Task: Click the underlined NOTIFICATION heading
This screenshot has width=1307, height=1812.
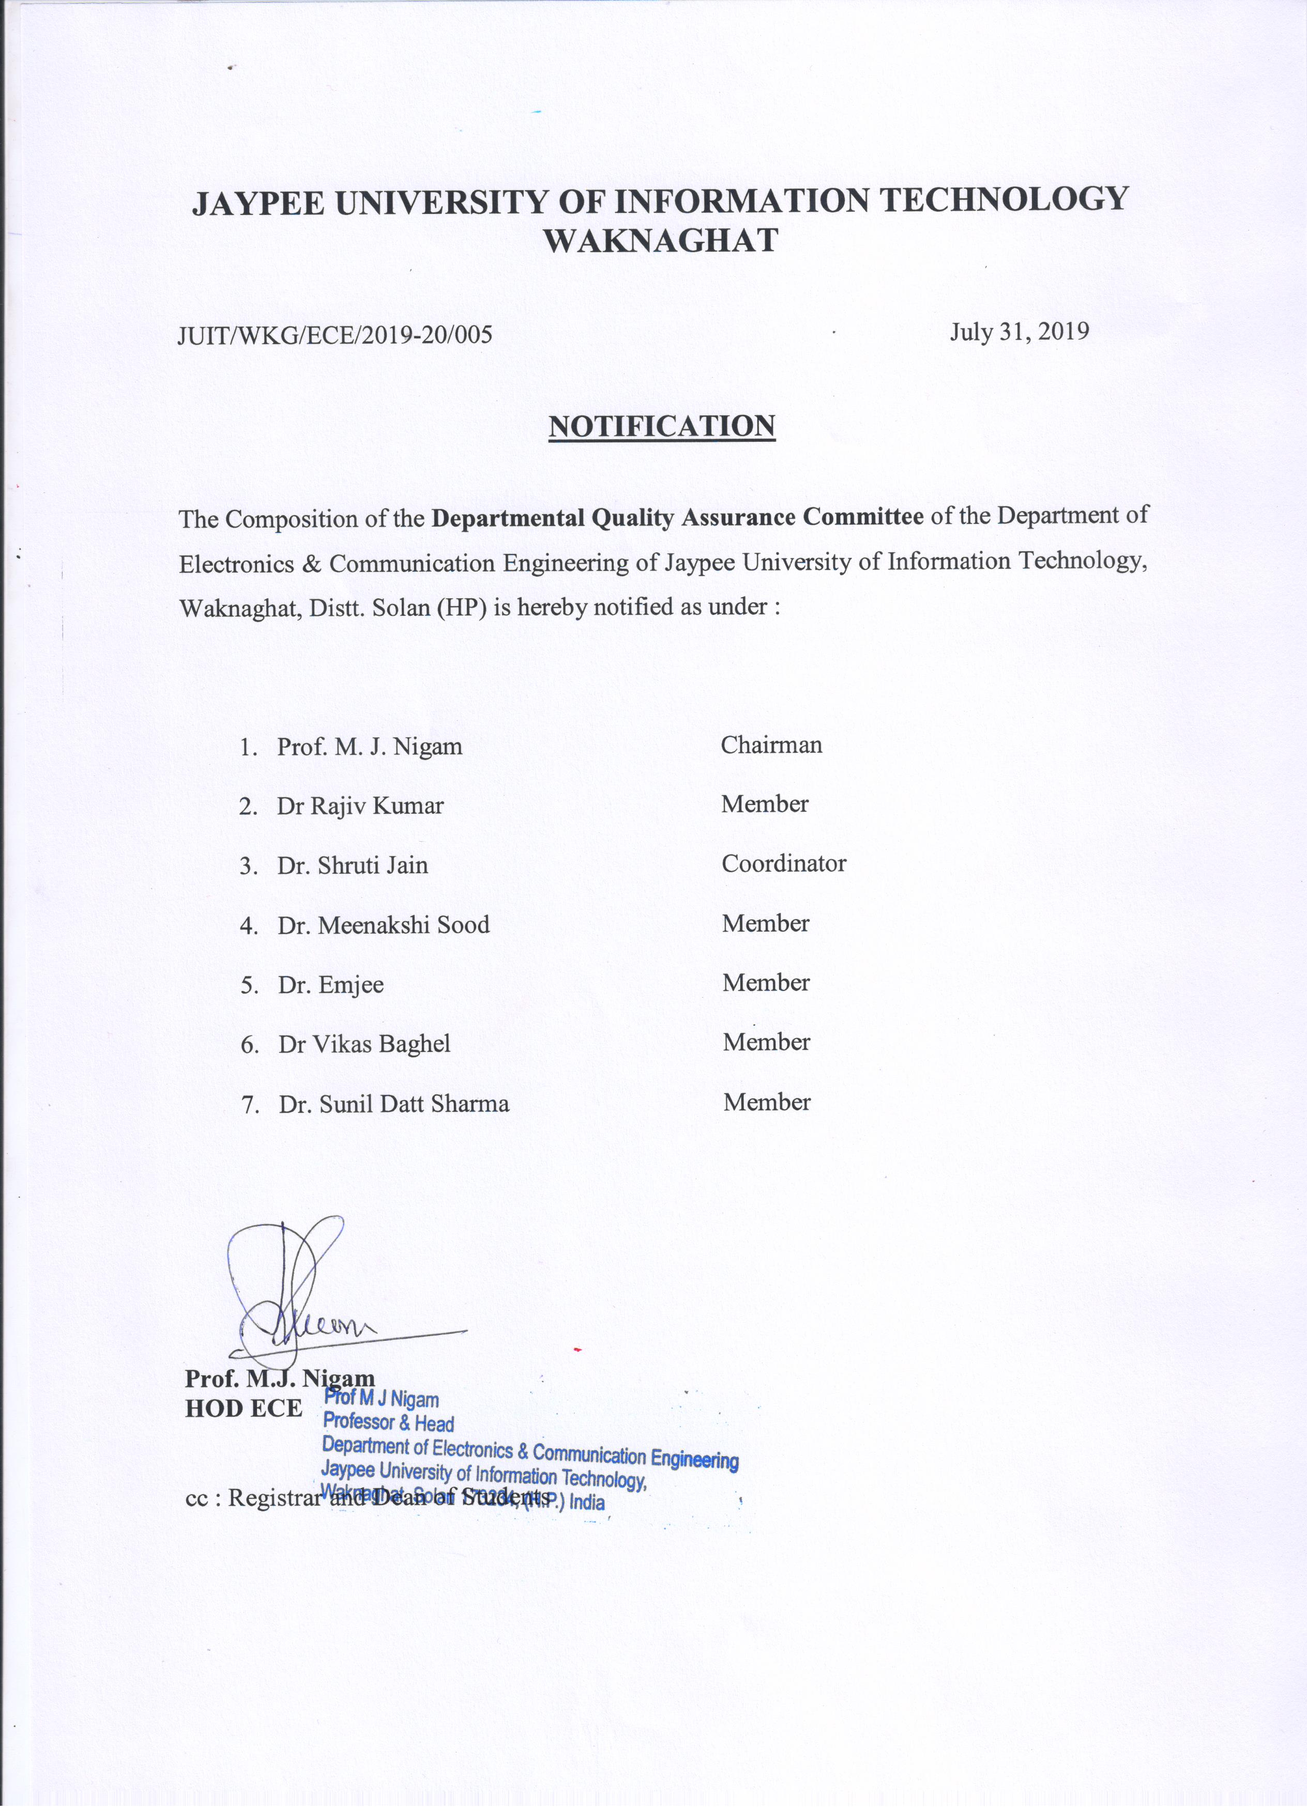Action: tap(661, 426)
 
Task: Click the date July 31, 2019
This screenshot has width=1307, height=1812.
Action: tap(1019, 331)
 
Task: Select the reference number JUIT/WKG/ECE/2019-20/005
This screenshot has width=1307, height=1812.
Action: tap(334, 334)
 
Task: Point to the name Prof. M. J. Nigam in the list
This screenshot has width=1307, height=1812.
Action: tap(369, 747)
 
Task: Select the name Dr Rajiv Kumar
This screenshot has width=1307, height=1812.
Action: tap(360, 806)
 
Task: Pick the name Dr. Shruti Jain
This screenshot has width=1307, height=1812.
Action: tap(353, 865)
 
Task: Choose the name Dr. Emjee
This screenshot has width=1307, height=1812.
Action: tap(330, 985)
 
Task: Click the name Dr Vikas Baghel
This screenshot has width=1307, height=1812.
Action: tap(364, 1044)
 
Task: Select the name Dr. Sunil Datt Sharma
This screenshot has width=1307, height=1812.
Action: tap(393, 1104)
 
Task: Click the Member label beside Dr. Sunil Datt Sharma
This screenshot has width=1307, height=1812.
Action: tap(767, 1103)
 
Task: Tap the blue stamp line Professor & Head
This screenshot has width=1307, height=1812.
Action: tap(388, 1423)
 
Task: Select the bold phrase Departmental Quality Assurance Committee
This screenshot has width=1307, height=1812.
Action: tap(677, 518)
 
